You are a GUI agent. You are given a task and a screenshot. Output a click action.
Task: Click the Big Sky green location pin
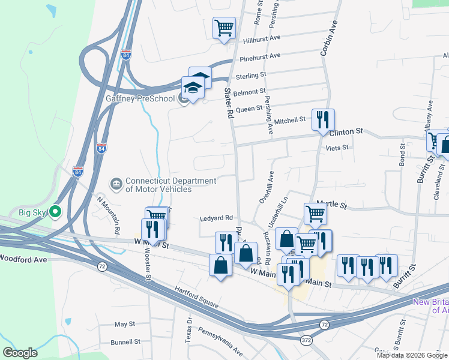[55, 211]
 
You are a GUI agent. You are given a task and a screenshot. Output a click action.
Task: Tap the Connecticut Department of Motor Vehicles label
[170, 185]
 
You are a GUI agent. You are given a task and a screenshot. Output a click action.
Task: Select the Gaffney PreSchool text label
[140, 98]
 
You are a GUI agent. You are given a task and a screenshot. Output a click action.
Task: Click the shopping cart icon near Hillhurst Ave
[224, 28]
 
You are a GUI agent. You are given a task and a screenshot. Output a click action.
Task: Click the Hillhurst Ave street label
[262, 38]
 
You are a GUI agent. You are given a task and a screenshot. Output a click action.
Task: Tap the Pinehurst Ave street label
[260, 57]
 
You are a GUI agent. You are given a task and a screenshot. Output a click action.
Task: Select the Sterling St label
[251, 76]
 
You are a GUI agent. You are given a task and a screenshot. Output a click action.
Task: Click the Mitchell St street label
[290, 121]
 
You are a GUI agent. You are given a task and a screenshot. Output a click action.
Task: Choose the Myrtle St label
[333, 206]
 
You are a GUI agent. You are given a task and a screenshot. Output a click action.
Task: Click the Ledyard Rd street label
[215, 218]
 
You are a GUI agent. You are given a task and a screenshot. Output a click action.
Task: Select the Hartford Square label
[196, 296]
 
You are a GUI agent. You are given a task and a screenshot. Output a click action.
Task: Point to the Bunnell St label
[125, 342]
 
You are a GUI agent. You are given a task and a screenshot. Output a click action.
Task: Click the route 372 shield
[306, 340]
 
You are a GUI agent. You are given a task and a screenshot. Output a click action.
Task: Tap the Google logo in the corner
[20, 352]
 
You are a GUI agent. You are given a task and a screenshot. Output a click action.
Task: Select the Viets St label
[337, 148]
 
